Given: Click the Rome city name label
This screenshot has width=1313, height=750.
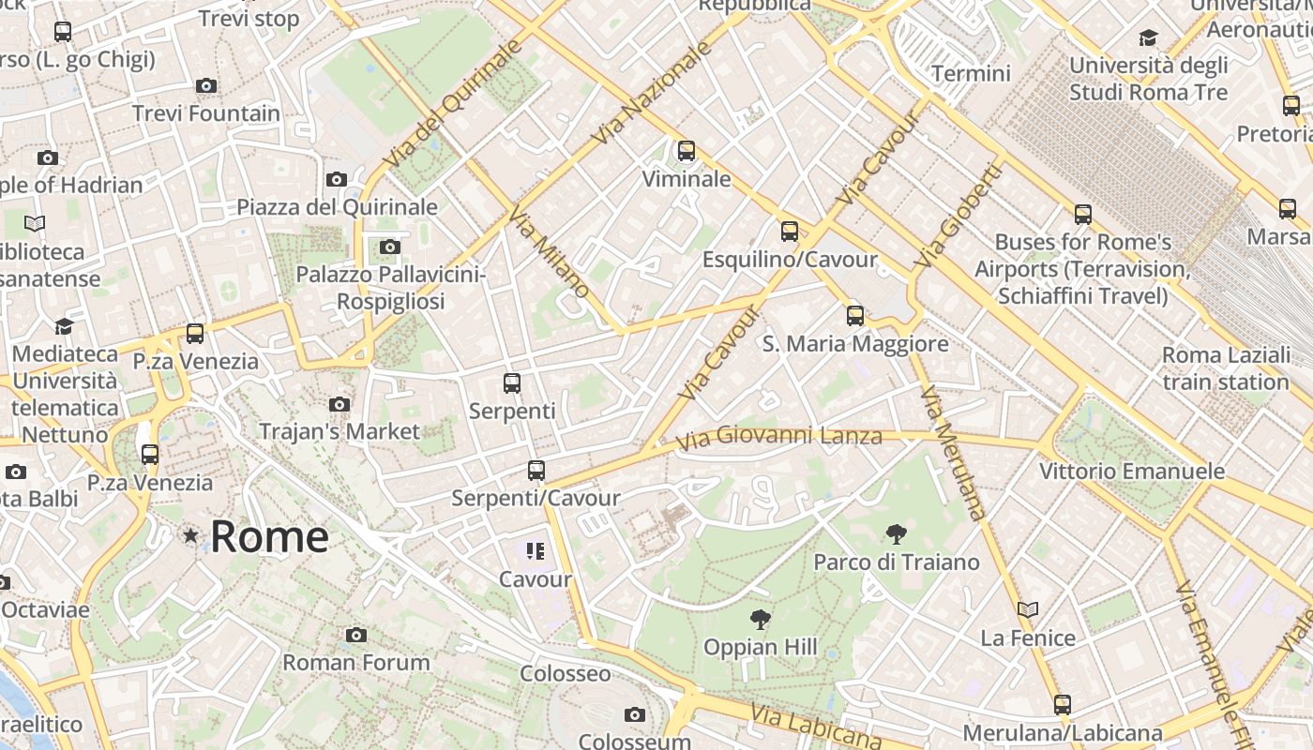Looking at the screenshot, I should (269, 537).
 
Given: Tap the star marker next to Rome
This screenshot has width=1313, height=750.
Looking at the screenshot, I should (191, 536).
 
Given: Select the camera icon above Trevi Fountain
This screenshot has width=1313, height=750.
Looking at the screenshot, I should (206, 86).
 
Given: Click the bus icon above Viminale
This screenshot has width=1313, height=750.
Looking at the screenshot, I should (687, 150).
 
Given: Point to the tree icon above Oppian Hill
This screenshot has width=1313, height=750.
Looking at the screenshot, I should (761, 619).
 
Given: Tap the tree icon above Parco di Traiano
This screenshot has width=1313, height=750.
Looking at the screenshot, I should (896, 534).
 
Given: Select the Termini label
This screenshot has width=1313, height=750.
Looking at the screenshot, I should (971, 73).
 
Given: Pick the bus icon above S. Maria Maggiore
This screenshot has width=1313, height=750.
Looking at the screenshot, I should (855, 316).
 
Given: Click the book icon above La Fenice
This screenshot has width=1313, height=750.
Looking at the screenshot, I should (1028, 609).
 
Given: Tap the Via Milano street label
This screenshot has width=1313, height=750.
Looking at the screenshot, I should (550, 252).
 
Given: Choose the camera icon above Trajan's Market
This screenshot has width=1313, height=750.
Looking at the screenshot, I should (340, 404).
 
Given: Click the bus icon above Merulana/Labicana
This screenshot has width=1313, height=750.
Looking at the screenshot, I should (1062, 704).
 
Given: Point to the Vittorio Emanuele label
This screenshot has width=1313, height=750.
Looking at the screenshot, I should (1132, 471).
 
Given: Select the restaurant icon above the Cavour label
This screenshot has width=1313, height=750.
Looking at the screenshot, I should (536, 551).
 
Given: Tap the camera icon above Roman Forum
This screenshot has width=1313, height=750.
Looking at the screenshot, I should (355, 635).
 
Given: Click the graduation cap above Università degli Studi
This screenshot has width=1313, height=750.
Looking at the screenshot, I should (1148, 37).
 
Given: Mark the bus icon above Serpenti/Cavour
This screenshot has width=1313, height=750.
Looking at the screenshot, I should (536, 470).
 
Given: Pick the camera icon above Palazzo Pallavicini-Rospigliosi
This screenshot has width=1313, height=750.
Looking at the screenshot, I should (390, 247).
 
